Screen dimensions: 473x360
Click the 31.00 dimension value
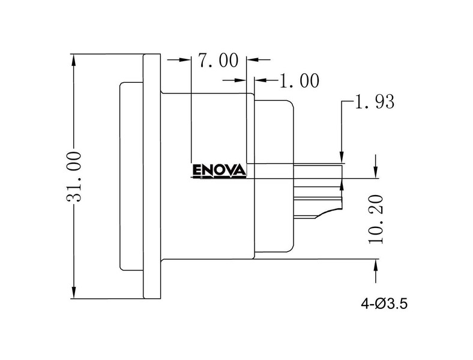tap(74, 176)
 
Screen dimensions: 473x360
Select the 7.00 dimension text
tap(218, 61)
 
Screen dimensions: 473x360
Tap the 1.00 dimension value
tap(299, 81)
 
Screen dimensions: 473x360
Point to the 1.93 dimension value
tap(375, 101)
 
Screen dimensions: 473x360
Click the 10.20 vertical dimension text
tap(376, 219)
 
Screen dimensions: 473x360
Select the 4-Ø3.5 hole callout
tap(384, 304)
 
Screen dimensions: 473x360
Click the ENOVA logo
tap(219, 171)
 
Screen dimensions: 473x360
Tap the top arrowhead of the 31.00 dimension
tap(74, 61)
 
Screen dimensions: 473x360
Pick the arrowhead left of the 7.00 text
tap(184, 59)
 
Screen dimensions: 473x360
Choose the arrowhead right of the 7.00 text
tap(253, 59)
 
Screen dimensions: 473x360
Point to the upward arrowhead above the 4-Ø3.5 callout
tap(376, 266)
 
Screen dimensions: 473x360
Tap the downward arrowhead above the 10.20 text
tap(376, 172)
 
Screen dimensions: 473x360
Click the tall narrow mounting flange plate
tap(152, 176)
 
